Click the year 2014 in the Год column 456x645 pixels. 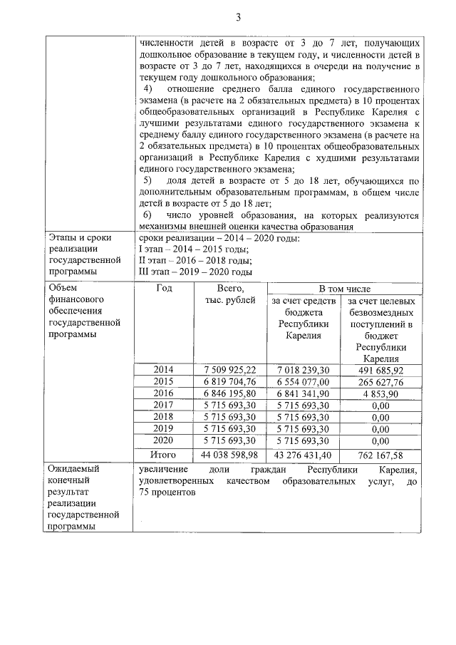click(x=164, y=369)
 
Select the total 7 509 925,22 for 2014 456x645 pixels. click(x=229, y=369)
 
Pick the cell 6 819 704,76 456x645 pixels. click(x=229, y=381)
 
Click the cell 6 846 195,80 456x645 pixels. click(x=229, y=393)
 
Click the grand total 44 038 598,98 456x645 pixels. click(x=229, y=454)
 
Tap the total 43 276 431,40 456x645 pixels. click(x=303, y=454)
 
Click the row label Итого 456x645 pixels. click(x=164, y=454)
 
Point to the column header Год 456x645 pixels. click(x=164, y=289)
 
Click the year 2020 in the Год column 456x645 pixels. click(x=164, y=441)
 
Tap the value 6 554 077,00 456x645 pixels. click(x=303, y=381)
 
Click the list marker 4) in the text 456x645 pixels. click(x=149, y=89)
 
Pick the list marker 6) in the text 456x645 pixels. click(x=147, y=215)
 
